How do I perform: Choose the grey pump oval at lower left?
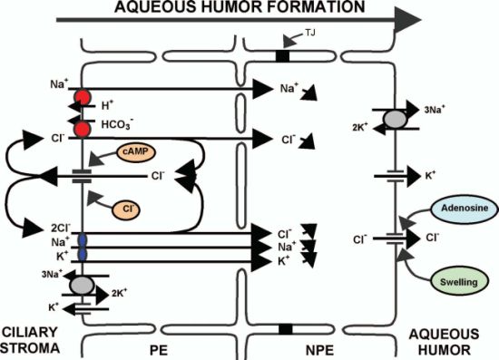83,286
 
